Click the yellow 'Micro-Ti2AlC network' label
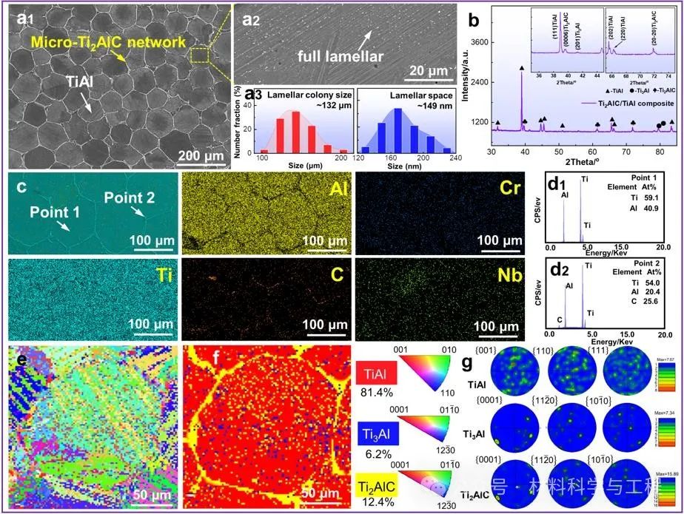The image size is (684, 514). pos(112,43)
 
